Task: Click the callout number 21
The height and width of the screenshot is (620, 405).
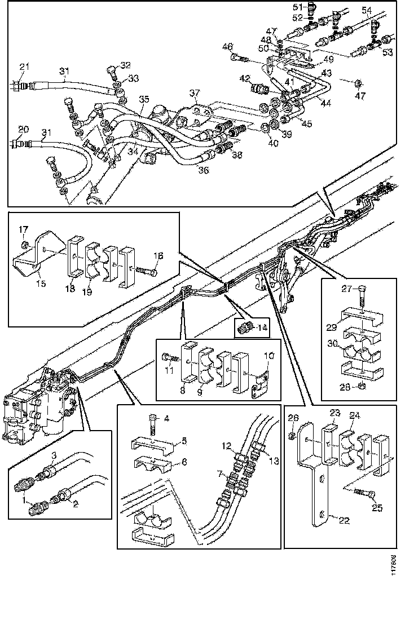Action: [23, 67]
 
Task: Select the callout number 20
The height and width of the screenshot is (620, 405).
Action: [23, 129]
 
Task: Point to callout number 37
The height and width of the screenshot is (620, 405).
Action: [195, 92]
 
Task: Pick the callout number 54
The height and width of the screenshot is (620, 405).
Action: [382, 11]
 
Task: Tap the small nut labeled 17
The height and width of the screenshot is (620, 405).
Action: [24, 245]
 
